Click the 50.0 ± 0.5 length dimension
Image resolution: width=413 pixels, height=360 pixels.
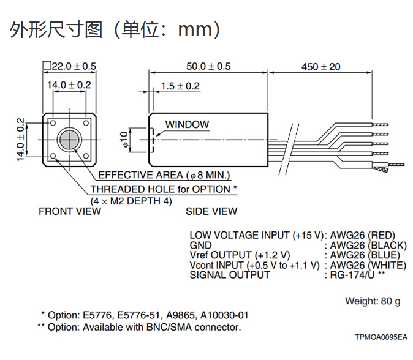click(208, 66)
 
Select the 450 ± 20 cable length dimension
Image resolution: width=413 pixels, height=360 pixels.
click(320, 66)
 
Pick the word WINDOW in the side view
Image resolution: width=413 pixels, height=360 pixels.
click(187, 124)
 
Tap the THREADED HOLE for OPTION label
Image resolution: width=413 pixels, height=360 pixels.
click(164, 189)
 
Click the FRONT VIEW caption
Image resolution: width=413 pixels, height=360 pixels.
click(70, 211)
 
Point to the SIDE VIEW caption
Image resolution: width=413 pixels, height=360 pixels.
click(211, 211)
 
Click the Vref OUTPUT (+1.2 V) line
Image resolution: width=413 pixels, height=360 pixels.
click(240, 255)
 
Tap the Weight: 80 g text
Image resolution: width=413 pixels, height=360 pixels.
click(373, 301)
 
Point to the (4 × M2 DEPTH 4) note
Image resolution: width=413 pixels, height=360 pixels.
click(131, 201)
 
